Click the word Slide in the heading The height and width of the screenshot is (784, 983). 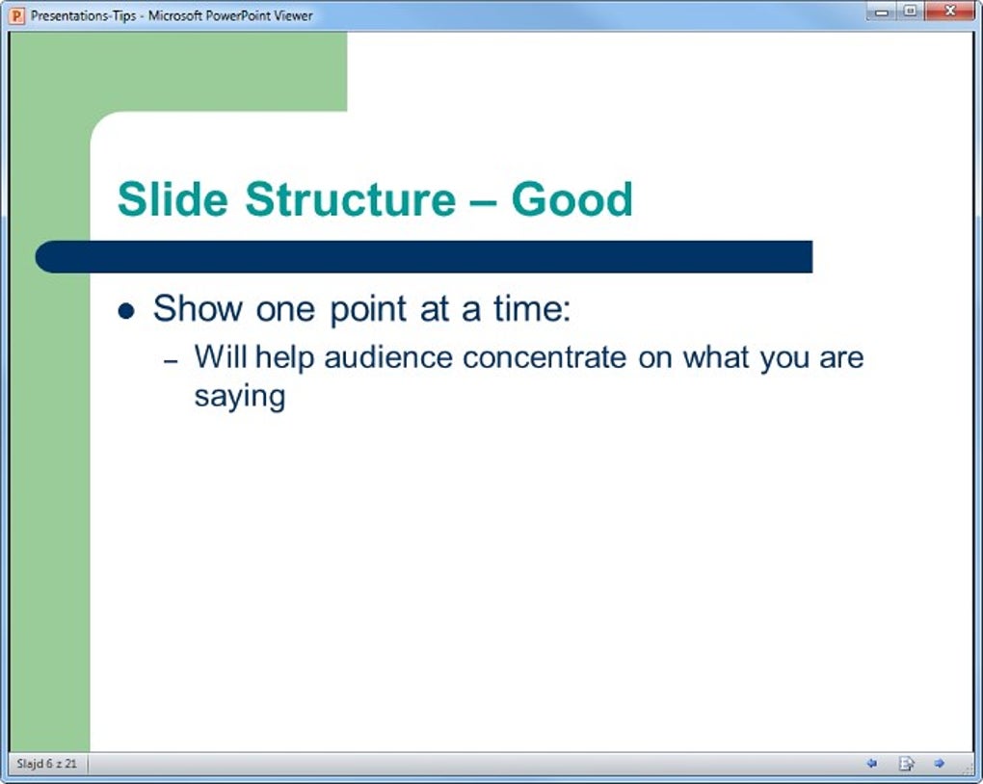pos(173,199)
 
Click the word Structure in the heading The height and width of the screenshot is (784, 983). pos(351,199)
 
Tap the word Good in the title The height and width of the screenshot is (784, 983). pos(571,199)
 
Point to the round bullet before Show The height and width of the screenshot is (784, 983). pos(126,310)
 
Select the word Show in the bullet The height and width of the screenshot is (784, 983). pos(199,308)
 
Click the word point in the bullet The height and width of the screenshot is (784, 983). pos(368,309)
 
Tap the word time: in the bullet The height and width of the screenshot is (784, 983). pos(532,308)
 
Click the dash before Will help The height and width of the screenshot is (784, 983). pos(171,361)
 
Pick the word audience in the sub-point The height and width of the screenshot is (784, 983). pos(388,357)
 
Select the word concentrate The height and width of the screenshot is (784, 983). pos(545,358)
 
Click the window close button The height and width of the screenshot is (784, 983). pos(949,11)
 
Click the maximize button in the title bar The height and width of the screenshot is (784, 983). pos(911,11)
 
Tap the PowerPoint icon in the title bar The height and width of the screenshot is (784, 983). pos(17,15)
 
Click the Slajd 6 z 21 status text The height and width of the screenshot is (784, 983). pos(47,764)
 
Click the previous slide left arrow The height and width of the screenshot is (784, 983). pos(871,764)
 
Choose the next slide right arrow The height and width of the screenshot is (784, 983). pos(939,764)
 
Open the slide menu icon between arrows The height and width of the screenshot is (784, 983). pos(907,764)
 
